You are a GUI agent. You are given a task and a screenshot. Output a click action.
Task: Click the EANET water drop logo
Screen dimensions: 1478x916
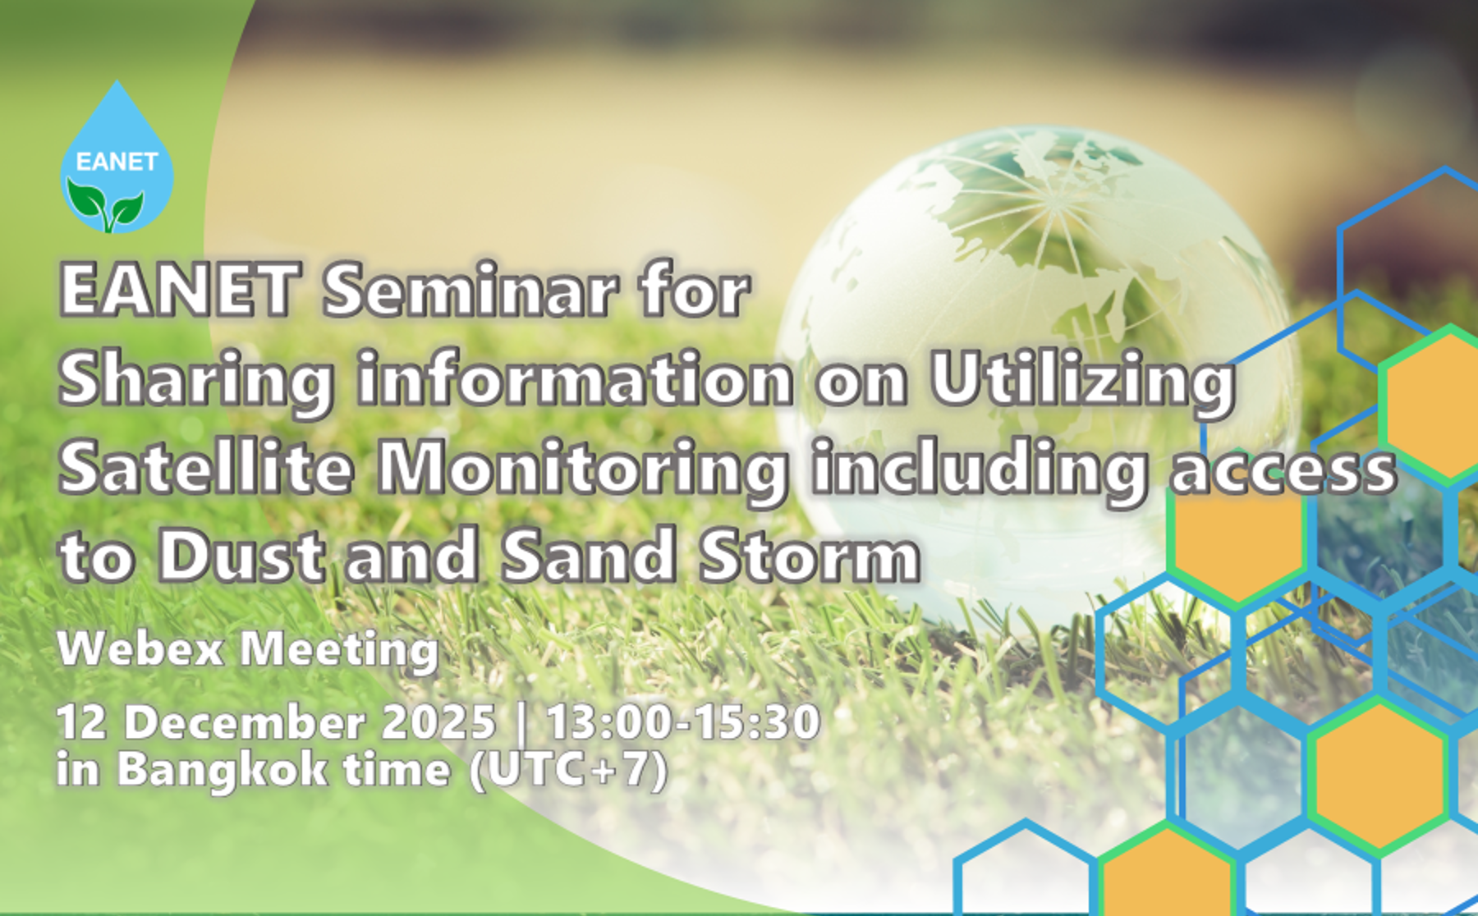click(x=117, y=158)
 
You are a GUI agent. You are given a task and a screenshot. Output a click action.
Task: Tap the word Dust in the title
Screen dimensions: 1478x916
click(x=241, y=556)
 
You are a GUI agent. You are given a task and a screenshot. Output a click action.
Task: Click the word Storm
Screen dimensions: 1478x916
click(x=810, y=556)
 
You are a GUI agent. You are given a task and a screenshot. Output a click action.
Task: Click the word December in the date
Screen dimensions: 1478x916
click(x=245, y=722)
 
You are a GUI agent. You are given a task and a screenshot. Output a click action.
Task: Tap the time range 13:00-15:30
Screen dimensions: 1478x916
click(x=683, y=722)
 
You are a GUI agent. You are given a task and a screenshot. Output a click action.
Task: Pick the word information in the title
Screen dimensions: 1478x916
click(x=575, y=379)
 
